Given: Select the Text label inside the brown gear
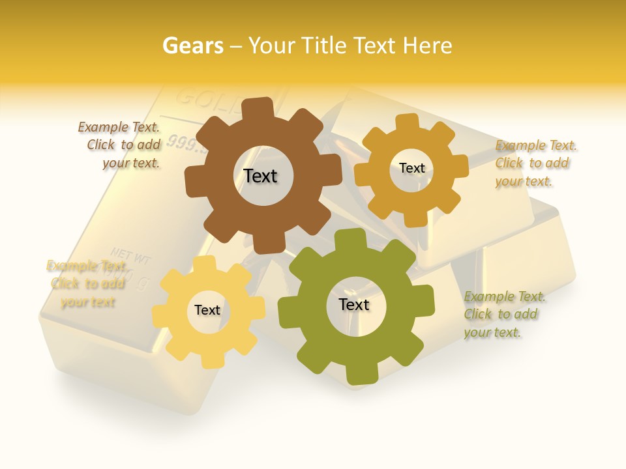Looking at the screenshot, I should tap(260, 176).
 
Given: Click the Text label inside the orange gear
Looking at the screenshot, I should tap(411, 168).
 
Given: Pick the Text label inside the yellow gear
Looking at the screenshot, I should tap(207, 310).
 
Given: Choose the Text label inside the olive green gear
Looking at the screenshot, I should tap(354, 305).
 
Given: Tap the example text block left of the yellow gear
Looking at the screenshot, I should tap(87, 284).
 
